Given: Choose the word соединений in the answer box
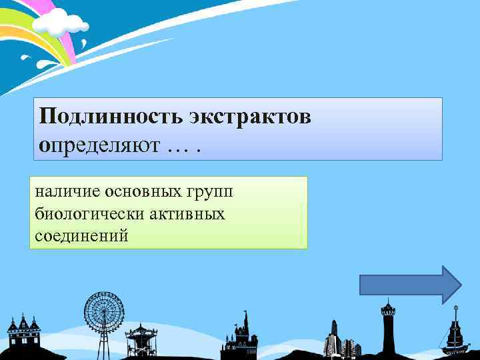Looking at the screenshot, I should coord(79,235).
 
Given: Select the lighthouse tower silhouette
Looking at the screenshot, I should coord(387,327).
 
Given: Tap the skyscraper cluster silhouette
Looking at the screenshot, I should coord(340,340).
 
